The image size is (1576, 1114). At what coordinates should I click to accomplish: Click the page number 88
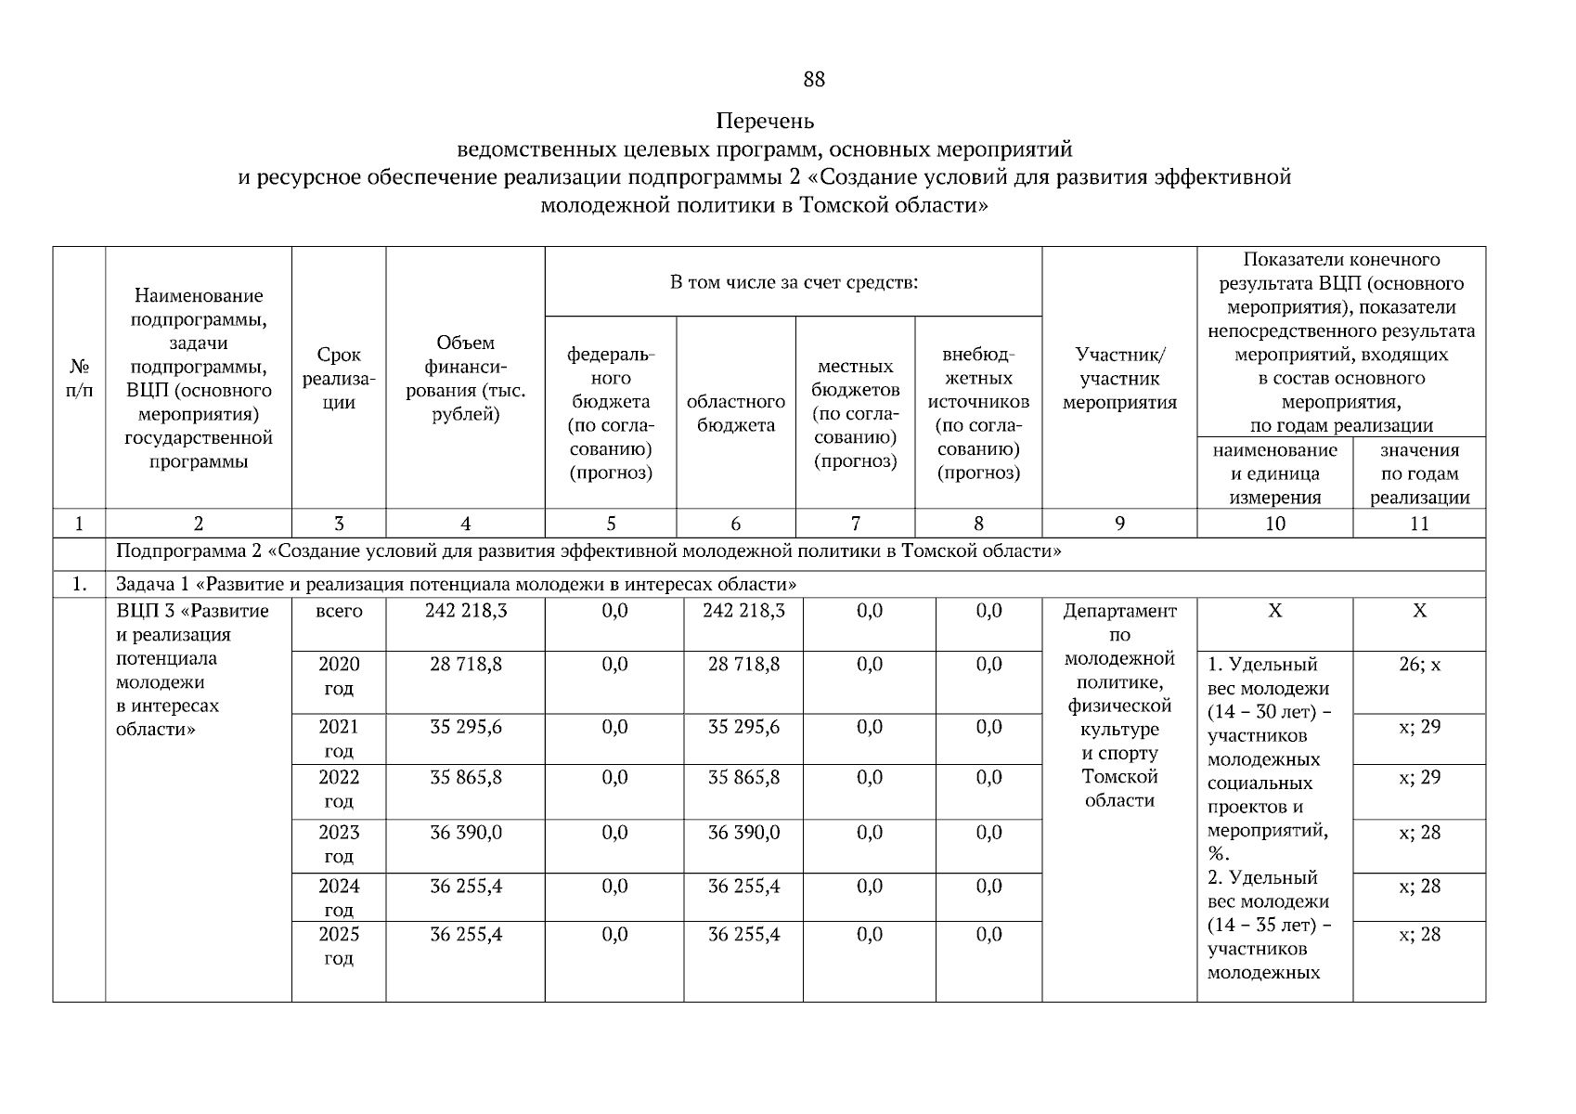(x=813, y=80)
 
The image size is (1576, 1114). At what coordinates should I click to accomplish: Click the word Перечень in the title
(x=765, y=122)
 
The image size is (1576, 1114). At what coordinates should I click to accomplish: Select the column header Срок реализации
(x=339, y=379)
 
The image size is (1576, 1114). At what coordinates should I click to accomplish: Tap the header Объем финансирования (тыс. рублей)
(x=465, y=379)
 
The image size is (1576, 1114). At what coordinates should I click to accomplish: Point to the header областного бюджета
(x=735, y=414)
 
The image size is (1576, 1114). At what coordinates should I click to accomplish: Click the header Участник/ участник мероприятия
(x=1119, y=379)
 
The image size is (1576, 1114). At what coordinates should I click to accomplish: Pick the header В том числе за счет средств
(x=794, y=282)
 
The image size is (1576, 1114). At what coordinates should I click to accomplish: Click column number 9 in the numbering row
(x=1119, y=524)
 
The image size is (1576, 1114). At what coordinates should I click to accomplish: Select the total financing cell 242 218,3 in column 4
(x=466, y=612)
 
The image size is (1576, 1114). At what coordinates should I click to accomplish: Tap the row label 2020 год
(x=339, y=677)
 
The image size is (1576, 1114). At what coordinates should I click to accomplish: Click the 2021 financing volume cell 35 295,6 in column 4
(x=466, y=727)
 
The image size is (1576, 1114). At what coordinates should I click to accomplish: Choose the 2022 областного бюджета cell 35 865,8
(x=743, y=778)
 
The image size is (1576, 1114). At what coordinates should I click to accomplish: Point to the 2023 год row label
(x=339, y=844)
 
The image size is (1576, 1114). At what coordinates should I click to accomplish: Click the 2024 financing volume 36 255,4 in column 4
(x=466, y=887)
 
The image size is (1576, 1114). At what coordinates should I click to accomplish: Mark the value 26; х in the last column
(x=1419, y=666)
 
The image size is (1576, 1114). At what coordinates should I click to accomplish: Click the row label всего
(x=339, y=612)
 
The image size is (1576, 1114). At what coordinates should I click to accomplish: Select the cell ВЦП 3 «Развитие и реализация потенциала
(x=193, y=669)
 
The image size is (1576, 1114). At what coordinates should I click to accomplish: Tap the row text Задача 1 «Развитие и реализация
(x=456, y=585)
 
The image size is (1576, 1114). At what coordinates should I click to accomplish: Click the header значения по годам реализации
(x=1419, y=473)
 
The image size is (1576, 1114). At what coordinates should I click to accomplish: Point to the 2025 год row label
(x=339, y=946)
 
